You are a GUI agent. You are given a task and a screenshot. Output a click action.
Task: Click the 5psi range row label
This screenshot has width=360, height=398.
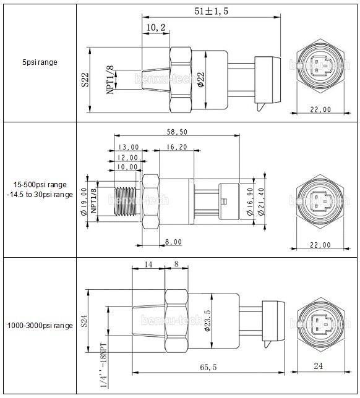coord(40,62)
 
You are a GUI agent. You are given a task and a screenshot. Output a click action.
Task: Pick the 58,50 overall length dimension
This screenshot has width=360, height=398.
coord(178,132)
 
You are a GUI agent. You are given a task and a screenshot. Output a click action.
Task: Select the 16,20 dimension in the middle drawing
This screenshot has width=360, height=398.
coord(178,148)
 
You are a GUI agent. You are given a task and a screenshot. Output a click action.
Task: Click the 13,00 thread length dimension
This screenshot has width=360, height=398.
coord(128,148)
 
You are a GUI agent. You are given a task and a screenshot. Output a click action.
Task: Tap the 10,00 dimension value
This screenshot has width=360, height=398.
coord(128,167)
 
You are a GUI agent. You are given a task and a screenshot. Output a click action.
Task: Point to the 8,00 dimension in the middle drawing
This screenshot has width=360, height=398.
coord(173,242)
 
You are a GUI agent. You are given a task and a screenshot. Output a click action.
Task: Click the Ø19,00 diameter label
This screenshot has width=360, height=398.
coord(84,200)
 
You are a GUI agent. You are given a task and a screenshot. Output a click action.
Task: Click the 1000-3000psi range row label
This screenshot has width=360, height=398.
coord(40,325)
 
